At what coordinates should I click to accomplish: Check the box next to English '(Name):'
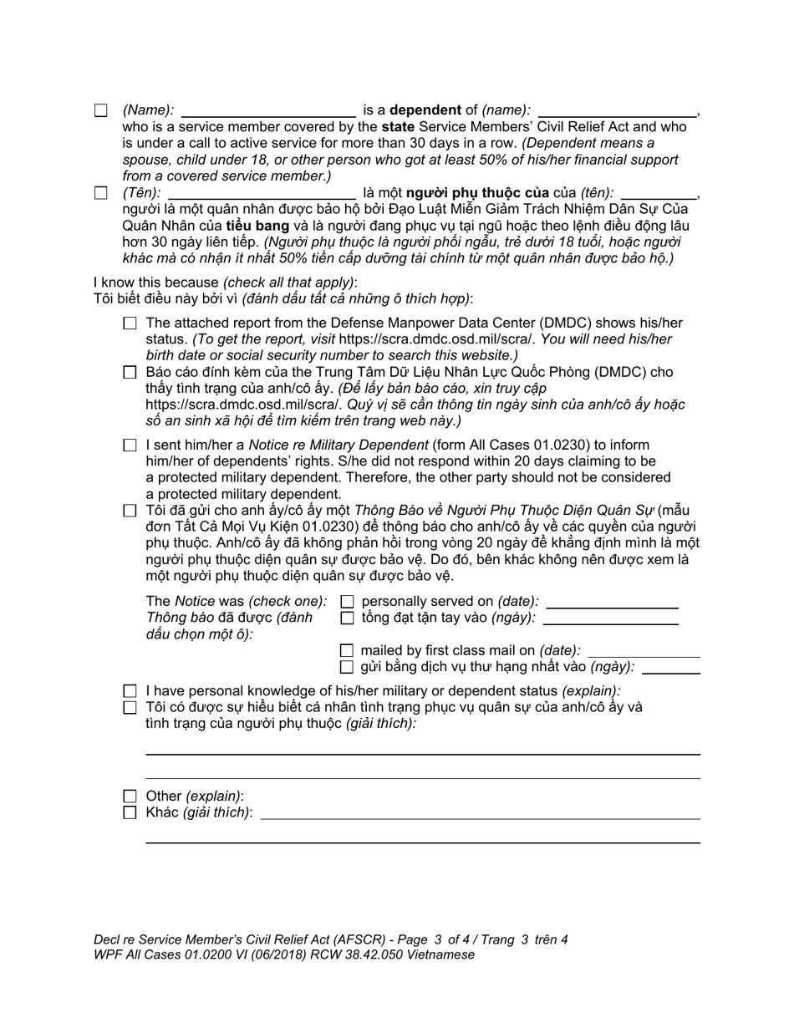click(x=101, y=110)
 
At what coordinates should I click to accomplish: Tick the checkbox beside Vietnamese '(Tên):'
click(x=101, y=193)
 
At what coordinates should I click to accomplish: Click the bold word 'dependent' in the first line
click(x=425, y=110)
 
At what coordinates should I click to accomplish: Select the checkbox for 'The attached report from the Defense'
click(x=130, y=323)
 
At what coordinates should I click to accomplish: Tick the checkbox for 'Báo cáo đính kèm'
click(x=130, y=373)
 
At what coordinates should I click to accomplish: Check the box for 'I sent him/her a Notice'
click(x=130, y=445)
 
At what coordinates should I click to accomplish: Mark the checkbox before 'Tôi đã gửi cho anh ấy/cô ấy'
click(x=130, y=511)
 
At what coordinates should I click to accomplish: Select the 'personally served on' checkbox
click(x=348, y=602)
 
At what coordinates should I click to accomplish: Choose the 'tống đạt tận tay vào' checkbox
click(x=348, y=618)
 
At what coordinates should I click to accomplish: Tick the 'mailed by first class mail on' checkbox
click(x=348, y=650)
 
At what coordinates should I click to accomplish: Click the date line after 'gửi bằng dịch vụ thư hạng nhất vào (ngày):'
click(x=670, y=669)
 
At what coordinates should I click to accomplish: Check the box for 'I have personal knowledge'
click(x=130, y=691)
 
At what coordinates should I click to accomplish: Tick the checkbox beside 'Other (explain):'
click(x=130, y=796)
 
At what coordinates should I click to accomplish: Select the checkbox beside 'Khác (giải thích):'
click(x=130, y=812)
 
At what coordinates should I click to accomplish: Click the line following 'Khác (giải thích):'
click(x=480, y=817)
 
